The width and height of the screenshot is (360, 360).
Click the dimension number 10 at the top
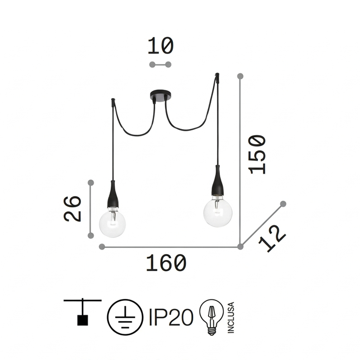[161, 46]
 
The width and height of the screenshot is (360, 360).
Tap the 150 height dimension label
[257, 155]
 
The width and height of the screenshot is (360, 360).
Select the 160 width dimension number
[166, 263]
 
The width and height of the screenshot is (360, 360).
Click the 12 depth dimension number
[272, 239]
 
